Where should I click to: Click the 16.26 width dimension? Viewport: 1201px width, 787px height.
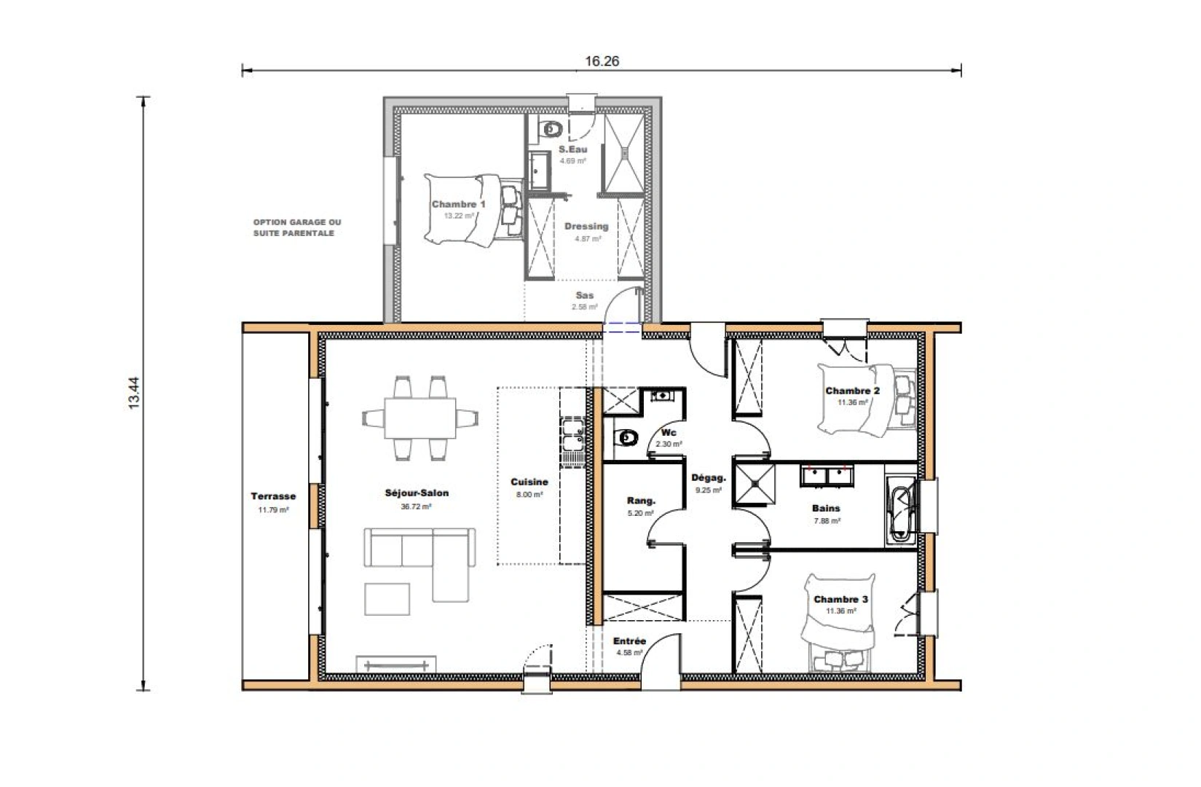(602, 61)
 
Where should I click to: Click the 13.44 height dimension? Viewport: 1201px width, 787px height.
(133, 393)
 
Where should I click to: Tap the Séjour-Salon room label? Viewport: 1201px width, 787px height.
(417, 493)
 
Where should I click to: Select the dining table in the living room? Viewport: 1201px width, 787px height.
(420, 418)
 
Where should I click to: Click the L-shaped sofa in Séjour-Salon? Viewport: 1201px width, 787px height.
(437, 554)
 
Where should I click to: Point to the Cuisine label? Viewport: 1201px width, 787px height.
(529, 482)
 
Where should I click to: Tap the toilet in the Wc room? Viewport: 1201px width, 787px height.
(626, 438)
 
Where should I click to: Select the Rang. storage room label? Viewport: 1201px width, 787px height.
(641, 501)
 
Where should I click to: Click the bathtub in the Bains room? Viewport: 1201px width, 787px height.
(901, 509)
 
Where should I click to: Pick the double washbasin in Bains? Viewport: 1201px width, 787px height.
(826, 476)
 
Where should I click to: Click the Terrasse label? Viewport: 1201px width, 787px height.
(273, 496)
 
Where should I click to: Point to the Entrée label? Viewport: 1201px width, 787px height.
(629, 641)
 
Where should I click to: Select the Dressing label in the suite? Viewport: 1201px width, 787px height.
(586, 226)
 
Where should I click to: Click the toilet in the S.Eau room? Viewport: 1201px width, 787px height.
(551, 130)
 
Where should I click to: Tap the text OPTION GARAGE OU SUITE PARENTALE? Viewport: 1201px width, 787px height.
(296, 227)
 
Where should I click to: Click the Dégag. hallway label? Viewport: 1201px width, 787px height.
(708, 479)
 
